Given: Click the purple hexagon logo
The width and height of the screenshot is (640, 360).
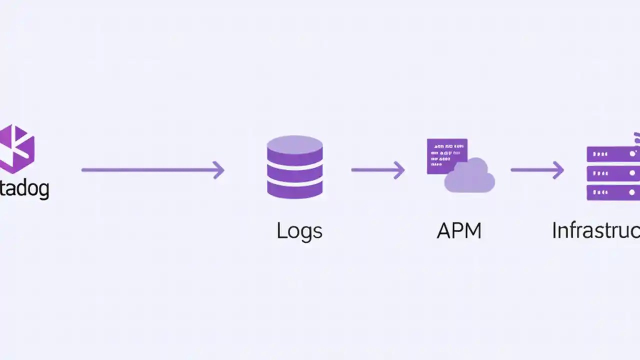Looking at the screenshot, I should tap(16, 149).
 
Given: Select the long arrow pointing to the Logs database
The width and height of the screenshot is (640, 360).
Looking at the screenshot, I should tap(150, 170).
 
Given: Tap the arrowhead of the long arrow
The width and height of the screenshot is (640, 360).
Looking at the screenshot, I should tap(219, 170).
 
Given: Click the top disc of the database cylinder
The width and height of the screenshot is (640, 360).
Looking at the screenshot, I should tap(294, 145).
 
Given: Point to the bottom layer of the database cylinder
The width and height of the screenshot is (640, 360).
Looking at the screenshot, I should tap(294, 190).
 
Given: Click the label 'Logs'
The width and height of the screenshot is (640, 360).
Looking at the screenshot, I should tap(299, 231).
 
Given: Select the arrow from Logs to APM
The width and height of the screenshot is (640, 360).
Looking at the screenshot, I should tap(377, 170).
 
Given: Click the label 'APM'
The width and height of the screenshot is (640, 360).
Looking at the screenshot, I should tap(459, 231).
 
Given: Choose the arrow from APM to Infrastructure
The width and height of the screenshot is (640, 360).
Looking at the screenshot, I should tap(537, 170).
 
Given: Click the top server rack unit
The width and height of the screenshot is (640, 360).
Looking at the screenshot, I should tap(612, 154).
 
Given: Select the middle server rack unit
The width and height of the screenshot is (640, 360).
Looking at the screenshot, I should tap(612, 173).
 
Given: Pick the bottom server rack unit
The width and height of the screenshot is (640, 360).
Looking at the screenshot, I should tap(612, 192).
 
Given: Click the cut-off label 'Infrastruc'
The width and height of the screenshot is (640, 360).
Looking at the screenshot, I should tap(595, 231).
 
